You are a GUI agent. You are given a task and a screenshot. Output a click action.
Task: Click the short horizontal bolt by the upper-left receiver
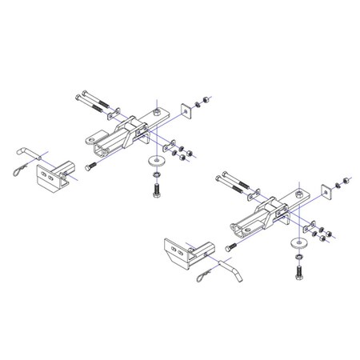[x=88, y=165]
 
